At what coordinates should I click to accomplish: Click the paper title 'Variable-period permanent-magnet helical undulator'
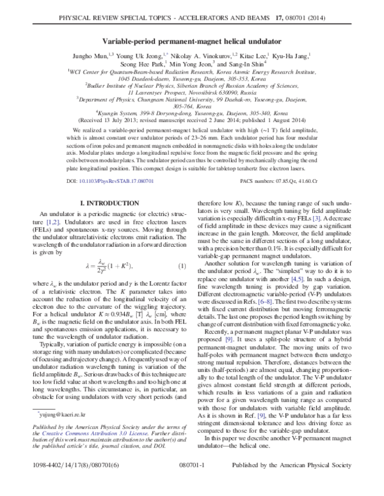click(191, 24)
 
